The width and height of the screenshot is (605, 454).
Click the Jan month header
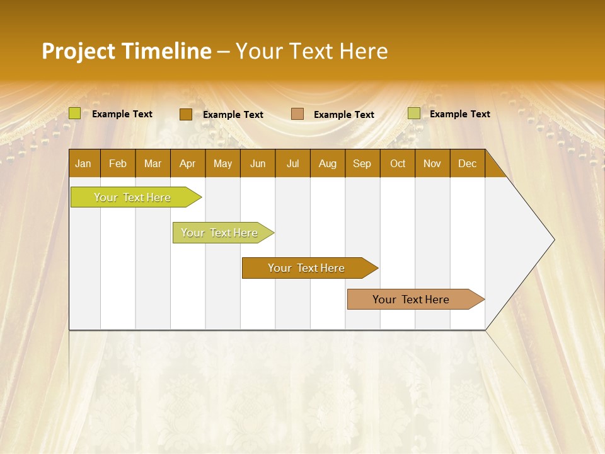[83, 163]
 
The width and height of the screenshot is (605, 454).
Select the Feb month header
[118, 163]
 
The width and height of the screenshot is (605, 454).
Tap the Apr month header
[187, 163]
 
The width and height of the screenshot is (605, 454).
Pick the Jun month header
[258, 163]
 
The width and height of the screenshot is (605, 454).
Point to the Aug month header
[327, 163]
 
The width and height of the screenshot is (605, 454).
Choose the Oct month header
[398, 163]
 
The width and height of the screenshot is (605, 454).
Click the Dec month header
[467, 163]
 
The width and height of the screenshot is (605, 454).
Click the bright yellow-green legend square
[75, 113]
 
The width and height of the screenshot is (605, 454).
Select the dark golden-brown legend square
[185, 114]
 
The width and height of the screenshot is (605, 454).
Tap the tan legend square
[297, 114]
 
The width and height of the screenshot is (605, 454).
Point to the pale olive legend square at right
[413, 113]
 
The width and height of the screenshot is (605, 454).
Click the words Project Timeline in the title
[126, 51]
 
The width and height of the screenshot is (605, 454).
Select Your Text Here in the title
[311, 51]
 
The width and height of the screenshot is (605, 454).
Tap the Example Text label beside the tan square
[344, 114]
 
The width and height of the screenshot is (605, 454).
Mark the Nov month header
[432, 163]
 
